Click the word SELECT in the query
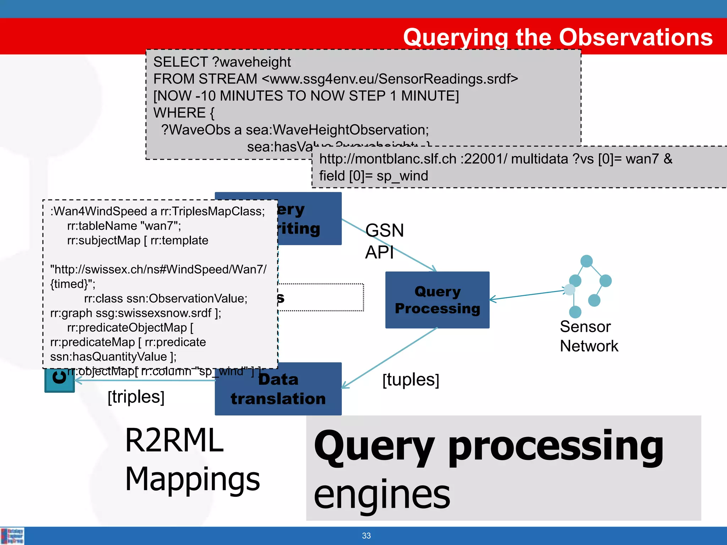pos(180,62)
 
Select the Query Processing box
pos(437,300)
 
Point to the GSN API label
pos(384,241)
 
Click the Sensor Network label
pos(588,336)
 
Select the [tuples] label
pos(411,380)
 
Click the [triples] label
pos(136,397)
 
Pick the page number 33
pos(366,535)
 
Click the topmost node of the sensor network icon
pos(586,261)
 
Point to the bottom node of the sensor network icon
pos(575,312)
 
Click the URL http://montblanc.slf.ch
pos(388,159)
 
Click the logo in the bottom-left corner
pos(12,536)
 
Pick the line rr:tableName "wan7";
pos(124,226)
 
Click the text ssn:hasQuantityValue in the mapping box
pos(108,357)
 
